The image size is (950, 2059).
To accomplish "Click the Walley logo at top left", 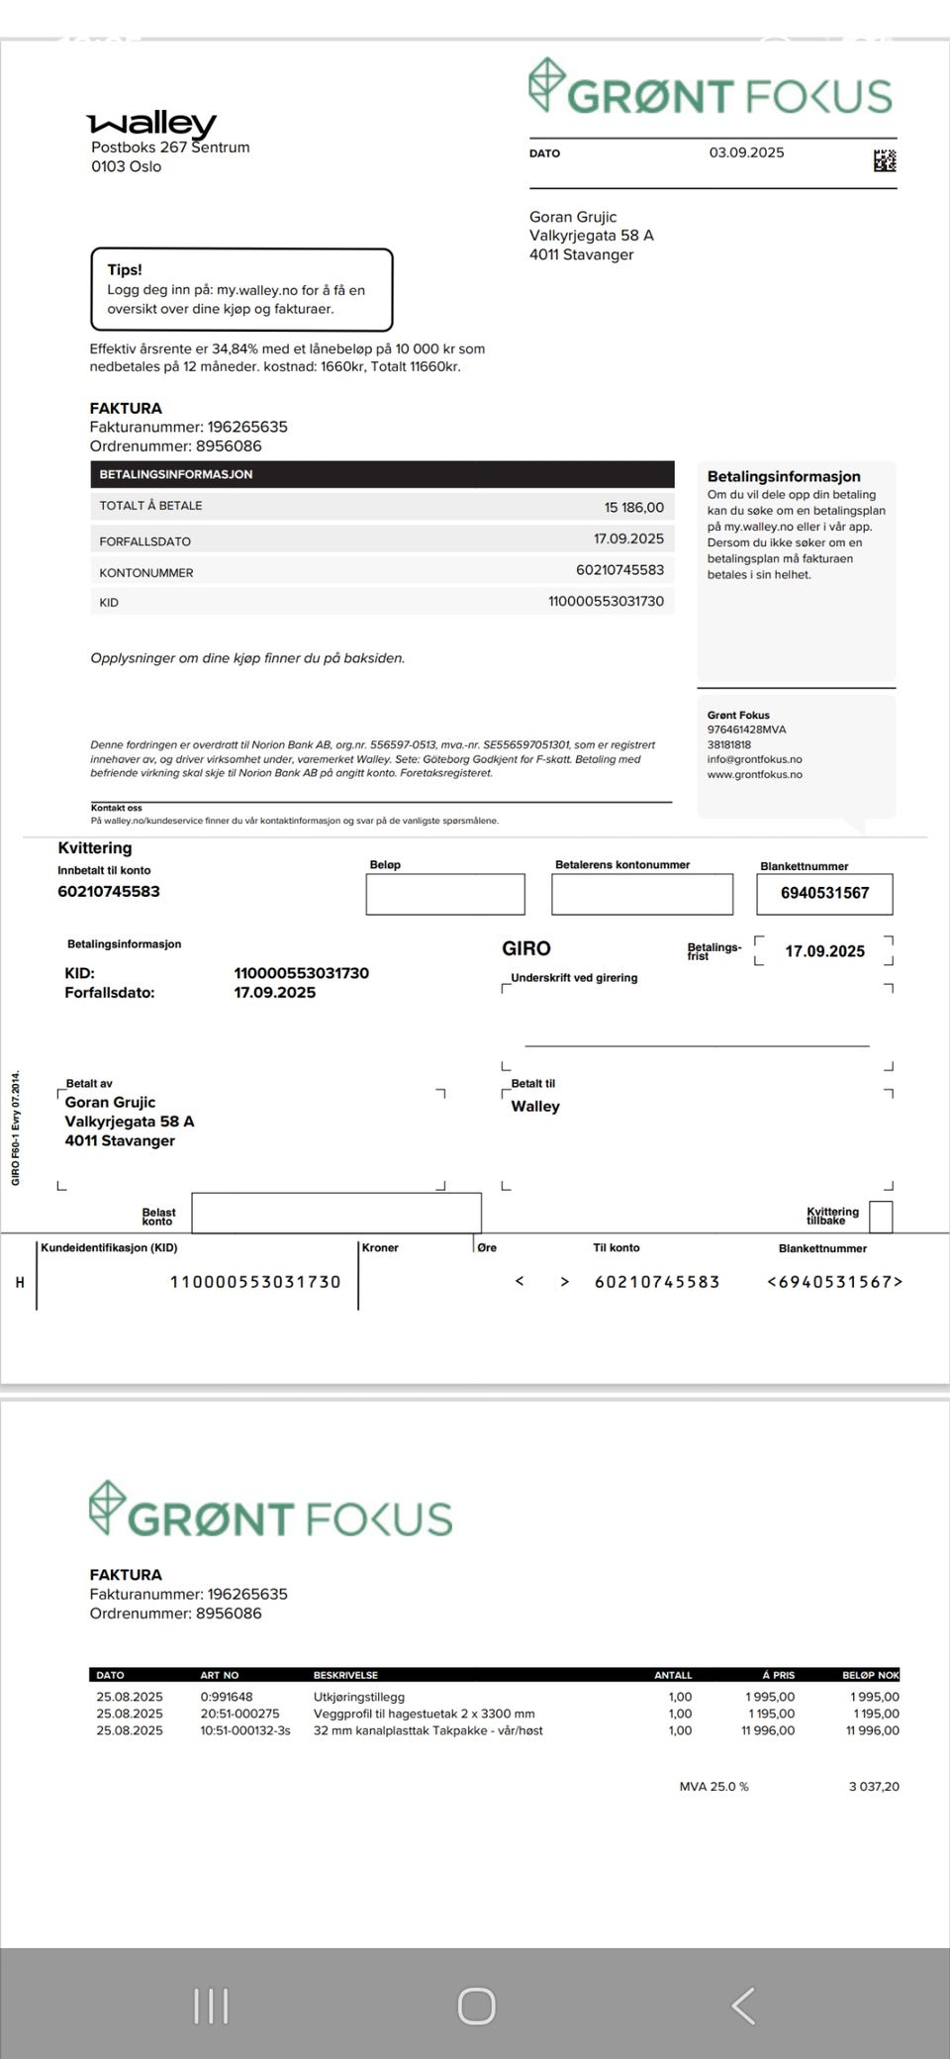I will pyautogui.click(x=151, y=124).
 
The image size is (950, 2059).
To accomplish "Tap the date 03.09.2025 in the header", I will pyautogui.click(x=746, y=152).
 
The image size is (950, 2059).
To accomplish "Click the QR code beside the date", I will pyautogui.click(x=885, y=160).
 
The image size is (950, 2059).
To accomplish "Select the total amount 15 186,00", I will pyautogui.click(x=634, y=507).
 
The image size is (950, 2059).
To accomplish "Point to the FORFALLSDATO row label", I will pyautogui.click(x=144, y=541).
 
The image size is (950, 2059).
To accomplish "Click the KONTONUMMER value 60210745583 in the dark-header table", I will pyautogui.click(x=619, y=569).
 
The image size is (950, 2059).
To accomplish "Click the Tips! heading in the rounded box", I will pyautogui.click(x=125, y=269).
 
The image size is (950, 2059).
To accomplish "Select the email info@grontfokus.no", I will pyautogui.click(x=754, y=759).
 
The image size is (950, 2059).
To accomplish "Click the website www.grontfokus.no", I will pyautogui.click(x=754, y=774).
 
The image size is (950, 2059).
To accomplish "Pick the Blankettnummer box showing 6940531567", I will pyautogui.click(x=824, y=893).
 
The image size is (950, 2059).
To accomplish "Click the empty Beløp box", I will pyautogui.click(x=445, y=894).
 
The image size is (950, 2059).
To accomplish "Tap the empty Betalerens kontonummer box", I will pyautogui.click(x=642, y=894).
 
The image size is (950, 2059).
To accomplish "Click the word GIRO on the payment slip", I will pyautogui.click(x=526, y=948).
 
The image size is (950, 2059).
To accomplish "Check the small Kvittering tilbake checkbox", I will pyautogui.click(x=880, y=1217).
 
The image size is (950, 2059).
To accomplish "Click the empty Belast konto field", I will pyautogui.click(x=336, y=1213).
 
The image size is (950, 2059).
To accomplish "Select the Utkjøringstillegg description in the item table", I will pyautogui.click(x=359, y=1697).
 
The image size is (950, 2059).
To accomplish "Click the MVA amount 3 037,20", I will pyautogui.click(x=874, y=1787).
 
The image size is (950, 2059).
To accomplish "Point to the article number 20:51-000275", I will pyautogui.click(x=239, y=1714).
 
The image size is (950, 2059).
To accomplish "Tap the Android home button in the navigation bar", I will pyautogui.click(x=476, y=2007).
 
